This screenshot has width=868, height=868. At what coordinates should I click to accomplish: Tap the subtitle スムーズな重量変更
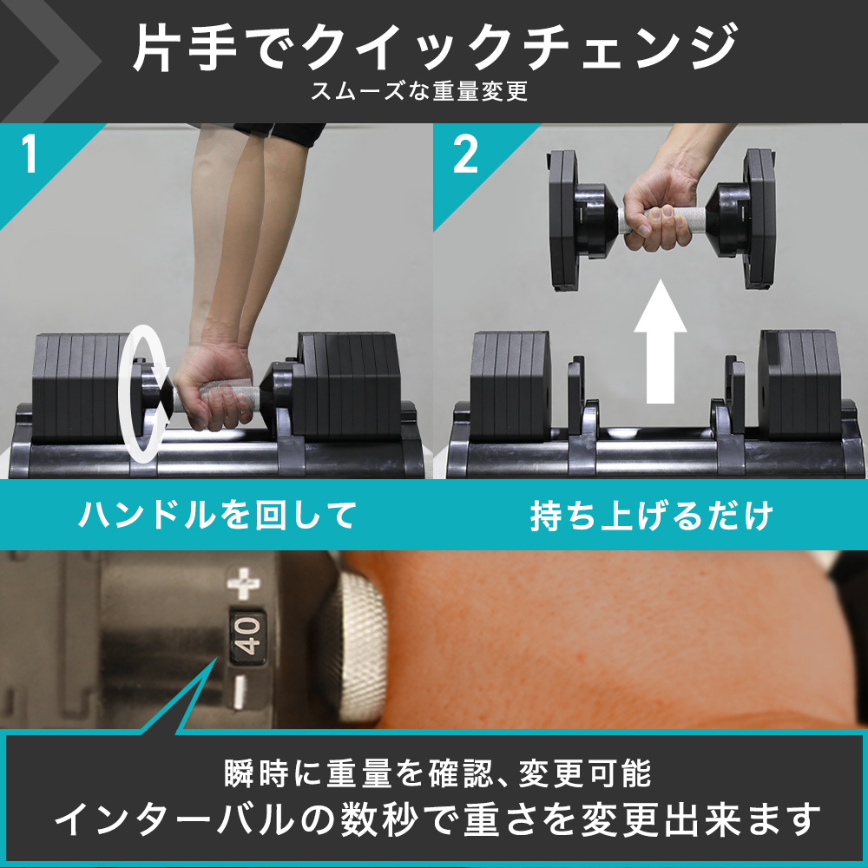tap(420, 91)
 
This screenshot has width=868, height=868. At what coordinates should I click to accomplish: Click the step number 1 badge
tap(30, 155)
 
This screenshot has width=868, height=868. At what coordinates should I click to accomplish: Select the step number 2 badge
tap(465, 155)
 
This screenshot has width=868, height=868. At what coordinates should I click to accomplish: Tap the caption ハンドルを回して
tap(217, 515)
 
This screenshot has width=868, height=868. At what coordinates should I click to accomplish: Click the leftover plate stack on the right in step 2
tap(799, 382)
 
